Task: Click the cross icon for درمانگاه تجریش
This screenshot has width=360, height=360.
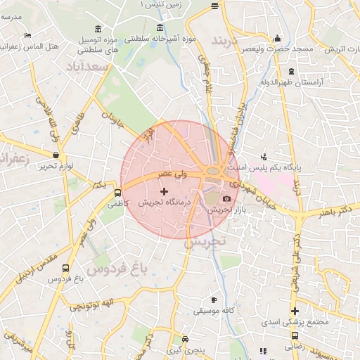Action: point(165,191)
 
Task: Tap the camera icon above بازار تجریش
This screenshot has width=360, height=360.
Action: point(226,200)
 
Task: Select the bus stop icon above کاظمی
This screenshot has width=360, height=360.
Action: point(117,192)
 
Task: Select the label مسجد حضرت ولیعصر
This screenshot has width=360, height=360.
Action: point(278,49)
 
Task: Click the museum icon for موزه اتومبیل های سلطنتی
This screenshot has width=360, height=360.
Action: point(97,29)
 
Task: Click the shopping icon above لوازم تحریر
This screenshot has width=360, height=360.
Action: point(56,155)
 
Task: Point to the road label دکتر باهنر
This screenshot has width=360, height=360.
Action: point(333,210)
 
